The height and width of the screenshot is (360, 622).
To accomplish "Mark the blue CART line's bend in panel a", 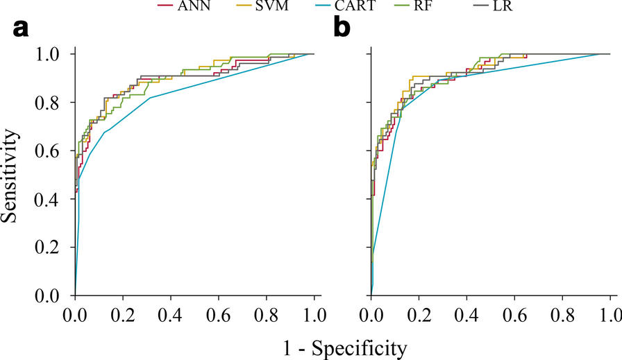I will coord(219,98).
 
